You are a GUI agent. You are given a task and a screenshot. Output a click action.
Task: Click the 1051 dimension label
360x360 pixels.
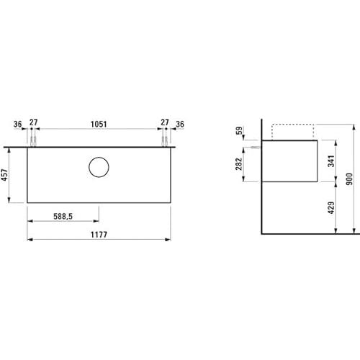coord(99,124)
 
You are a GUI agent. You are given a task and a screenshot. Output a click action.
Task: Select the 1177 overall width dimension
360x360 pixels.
coord(99,235)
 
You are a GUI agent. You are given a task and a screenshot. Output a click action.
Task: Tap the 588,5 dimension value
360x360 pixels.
coord(63,216)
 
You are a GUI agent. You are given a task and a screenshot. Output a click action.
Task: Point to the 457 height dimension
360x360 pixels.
coord(5,175)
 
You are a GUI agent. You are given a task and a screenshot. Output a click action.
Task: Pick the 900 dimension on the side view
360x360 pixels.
coord(349,179)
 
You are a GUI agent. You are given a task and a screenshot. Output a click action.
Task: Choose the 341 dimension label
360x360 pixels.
coord(331,161)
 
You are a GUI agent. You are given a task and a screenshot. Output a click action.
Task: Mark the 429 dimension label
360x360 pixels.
coord(331,207)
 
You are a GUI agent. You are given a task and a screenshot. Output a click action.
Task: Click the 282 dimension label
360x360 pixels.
coord(239,164)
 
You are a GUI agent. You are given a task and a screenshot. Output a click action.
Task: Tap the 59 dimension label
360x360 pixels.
coord(239,130)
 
